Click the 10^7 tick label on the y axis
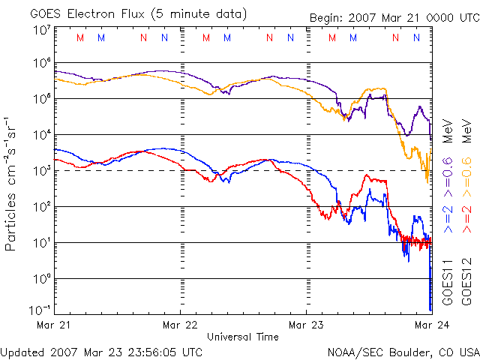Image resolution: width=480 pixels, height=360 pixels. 41,31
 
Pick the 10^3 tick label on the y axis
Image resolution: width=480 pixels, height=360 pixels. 41,169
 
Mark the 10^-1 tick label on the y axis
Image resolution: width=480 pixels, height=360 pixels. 40,310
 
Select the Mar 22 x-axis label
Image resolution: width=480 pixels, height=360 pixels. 180,325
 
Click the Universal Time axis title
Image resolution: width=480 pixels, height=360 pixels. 243,337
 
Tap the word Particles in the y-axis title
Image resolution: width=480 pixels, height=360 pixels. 12,221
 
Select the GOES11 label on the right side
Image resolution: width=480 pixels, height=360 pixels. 448,281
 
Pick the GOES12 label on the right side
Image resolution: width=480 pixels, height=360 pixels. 466,281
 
